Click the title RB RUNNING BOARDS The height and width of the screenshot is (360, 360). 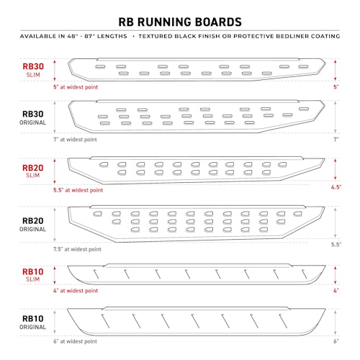(180, 22)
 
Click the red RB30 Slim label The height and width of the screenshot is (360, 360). (33, 70)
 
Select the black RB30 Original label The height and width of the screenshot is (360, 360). (33, 117)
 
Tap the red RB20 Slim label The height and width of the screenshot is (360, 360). (33, 171)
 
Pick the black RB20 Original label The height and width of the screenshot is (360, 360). (33, 225)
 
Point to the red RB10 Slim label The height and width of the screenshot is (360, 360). (33, 275)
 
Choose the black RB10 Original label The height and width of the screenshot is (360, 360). (33, 323)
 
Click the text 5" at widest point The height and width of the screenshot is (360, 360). (76, 87)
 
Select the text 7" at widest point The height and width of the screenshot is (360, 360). (75, 140)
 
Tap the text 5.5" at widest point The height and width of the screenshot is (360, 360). (78, 190)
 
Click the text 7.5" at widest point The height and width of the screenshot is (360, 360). (77, 249)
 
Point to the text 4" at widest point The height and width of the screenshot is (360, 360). (76, 291)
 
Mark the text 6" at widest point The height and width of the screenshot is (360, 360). (75, 341)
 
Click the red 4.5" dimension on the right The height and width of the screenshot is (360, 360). (336, 187)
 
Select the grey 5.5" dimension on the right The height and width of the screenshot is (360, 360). (336, 245)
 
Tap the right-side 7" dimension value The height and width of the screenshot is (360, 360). (336, 139)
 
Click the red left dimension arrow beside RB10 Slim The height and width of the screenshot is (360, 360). (55, 275)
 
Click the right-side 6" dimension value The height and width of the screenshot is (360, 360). (336, 341)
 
